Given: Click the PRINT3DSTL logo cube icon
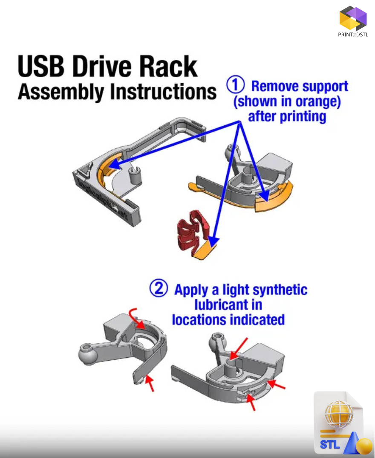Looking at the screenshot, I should pyautogui.click(x=352, y=18).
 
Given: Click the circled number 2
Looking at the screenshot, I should pyautogui.click(x=158, y=290).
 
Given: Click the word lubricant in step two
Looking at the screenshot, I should pyautogui.click(x=228, y=305).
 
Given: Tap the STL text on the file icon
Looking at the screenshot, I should pyautogui.click(x=330, y=444).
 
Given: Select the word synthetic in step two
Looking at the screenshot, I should pyautogui.click(x=280, y=290).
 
